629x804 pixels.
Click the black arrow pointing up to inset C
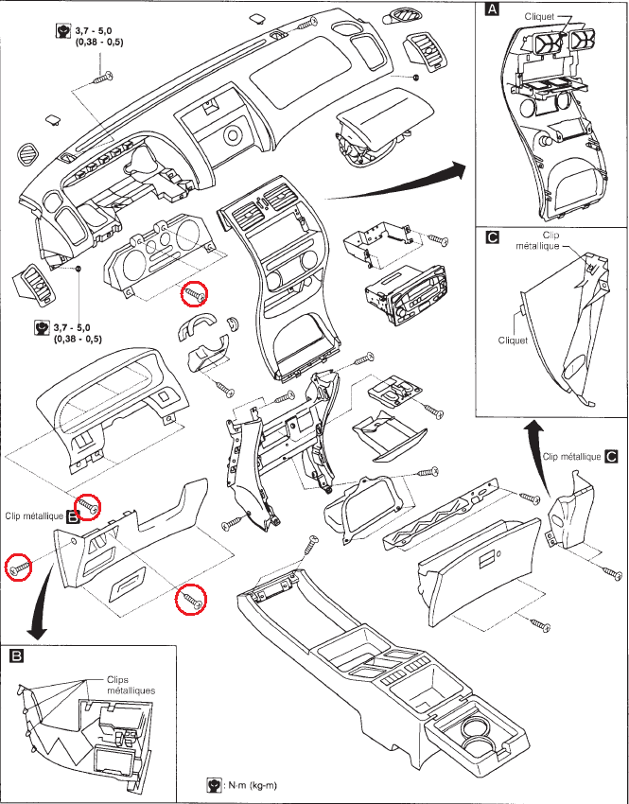(x=533, y=437)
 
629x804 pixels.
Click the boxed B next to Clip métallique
(x=73, y=517)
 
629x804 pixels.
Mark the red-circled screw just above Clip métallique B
(x=90, y=507)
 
